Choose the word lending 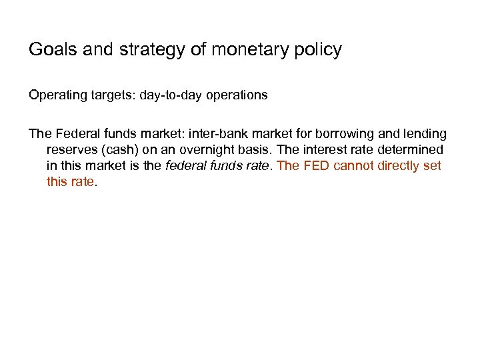(425, 134)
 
